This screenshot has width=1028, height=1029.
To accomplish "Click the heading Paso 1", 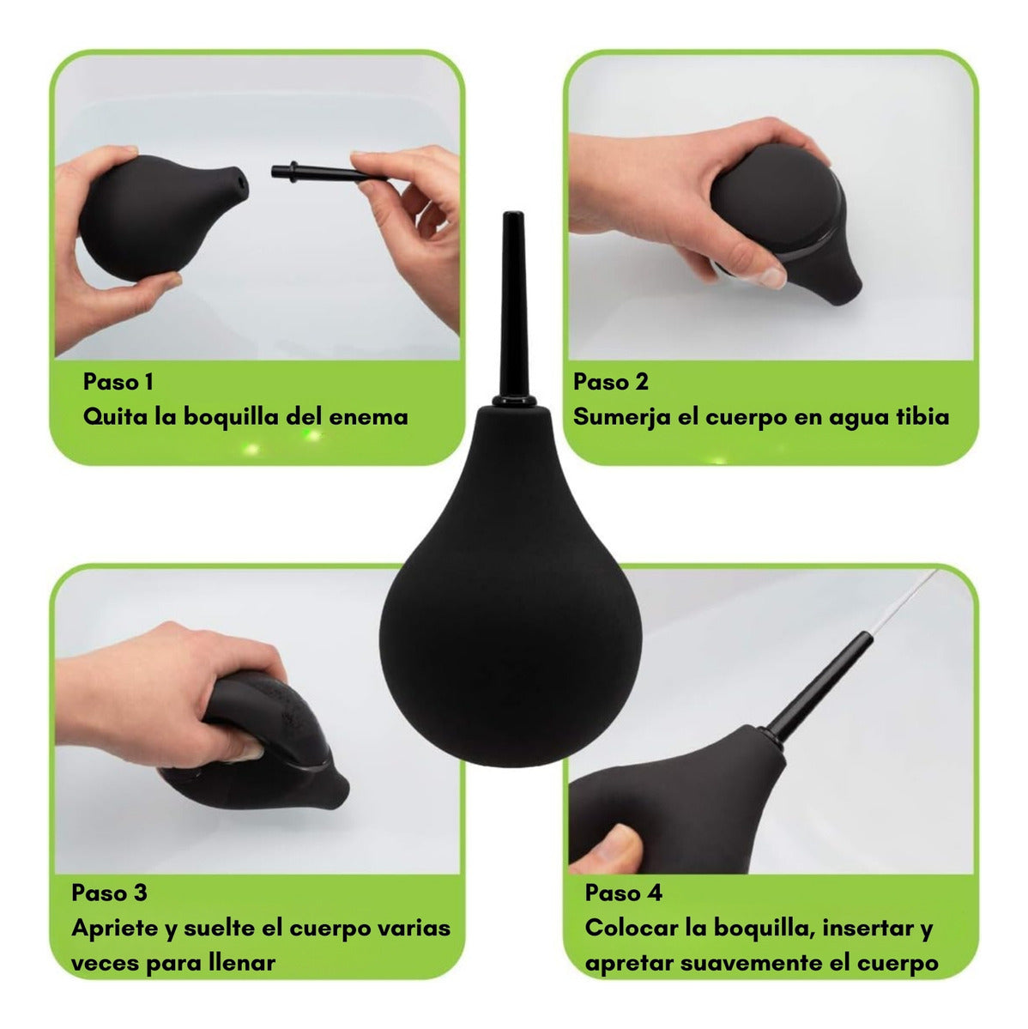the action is pyautogui.click(x=118, y=382).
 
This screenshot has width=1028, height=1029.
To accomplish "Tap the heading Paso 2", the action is pyautogui.click(x=611, y=382).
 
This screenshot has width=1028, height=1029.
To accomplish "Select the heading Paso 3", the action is pyautogui.click(x=109, y=893).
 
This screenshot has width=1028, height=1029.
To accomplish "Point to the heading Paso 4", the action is pyautogui.click(x=623, y=893).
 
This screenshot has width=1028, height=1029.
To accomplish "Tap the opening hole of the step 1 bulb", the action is pyautogui.click(x=241, y=180).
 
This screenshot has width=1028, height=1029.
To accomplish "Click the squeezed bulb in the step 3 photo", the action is pyautogui.click(x=263, y=748).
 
